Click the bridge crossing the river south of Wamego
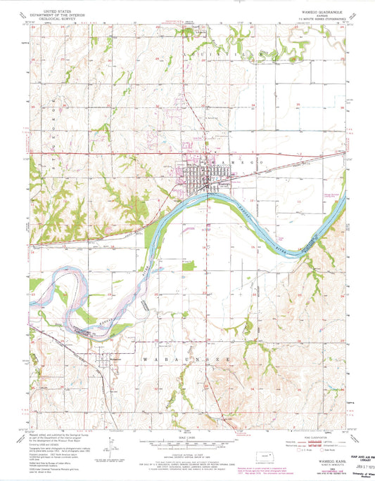coord(205,198)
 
